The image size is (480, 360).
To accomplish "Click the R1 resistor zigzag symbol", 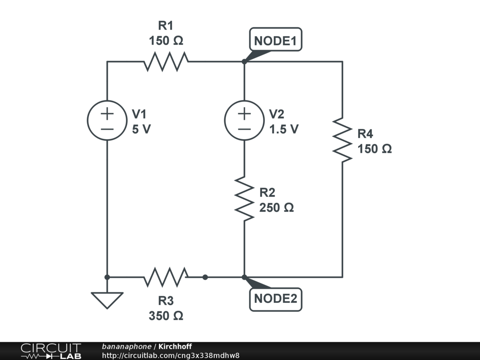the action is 166,61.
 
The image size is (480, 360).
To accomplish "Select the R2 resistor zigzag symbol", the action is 244,199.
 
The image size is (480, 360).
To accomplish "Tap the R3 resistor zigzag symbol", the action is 166,277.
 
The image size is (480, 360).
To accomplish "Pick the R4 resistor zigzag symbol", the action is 342,140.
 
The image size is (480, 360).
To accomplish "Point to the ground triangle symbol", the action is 107,300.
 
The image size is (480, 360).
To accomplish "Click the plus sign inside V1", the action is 107,114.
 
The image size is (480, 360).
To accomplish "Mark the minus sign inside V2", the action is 244,129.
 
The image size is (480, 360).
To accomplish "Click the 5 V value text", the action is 141,129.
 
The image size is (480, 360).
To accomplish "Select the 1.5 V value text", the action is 284,129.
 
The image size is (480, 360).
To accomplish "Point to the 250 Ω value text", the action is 277,208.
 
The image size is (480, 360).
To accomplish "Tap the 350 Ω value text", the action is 166,315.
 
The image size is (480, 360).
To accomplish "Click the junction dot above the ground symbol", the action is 107,277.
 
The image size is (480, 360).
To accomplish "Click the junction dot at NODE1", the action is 244,61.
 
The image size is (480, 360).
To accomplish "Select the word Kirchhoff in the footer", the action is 175,346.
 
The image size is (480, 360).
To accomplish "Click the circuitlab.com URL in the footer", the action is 171,355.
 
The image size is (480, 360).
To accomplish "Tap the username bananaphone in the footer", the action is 127,347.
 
